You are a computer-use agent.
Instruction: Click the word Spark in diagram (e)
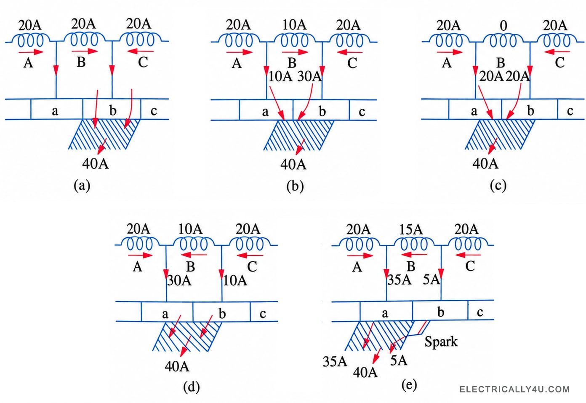[441, 341]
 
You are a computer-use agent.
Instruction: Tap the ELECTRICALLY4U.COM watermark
[514, 390]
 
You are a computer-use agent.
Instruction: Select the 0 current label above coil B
[503, 26]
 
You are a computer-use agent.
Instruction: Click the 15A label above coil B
[410, 230]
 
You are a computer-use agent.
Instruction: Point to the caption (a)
[82, 185]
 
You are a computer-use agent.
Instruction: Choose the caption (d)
[192, 387]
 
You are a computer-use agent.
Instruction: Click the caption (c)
[498, 185]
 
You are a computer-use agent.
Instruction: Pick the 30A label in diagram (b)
[309, 77]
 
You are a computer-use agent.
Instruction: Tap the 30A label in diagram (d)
[179, 280]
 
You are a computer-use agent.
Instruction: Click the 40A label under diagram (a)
[96, 164]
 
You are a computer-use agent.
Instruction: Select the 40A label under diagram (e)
[365, 372]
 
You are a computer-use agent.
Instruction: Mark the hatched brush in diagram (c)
[500, 134]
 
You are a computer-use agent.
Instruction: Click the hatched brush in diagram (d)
[187, 336]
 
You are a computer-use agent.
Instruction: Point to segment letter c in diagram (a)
[154, 111]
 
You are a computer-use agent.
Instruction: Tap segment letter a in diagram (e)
[385, 313]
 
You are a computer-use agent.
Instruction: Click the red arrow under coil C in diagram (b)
[350, 52]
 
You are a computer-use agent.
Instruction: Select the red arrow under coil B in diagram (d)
[194, 255]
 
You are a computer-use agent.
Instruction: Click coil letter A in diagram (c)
[447, 63]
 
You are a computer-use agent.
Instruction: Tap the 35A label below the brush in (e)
[335, 362]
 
